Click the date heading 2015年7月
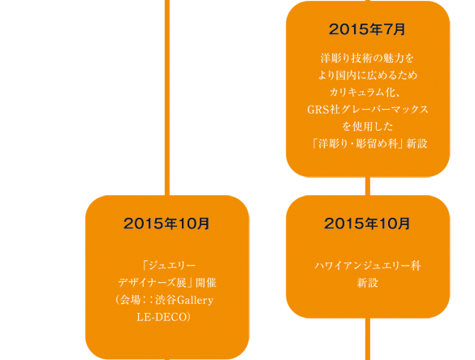(367, 29)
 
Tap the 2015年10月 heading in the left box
(166, 223)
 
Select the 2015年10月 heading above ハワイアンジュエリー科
(367, 223)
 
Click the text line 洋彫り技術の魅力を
(368, 58)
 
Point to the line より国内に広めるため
(368, 75)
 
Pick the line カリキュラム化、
(365, 92)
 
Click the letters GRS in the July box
(318, 110)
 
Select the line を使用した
(368, 126)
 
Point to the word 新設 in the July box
(417, 144)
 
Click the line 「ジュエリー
(168, 266)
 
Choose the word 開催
(206, 283)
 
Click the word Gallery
(195, 301)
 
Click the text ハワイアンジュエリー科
(368, 266)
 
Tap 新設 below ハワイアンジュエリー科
(368, 283)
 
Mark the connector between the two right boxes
(368, 186)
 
